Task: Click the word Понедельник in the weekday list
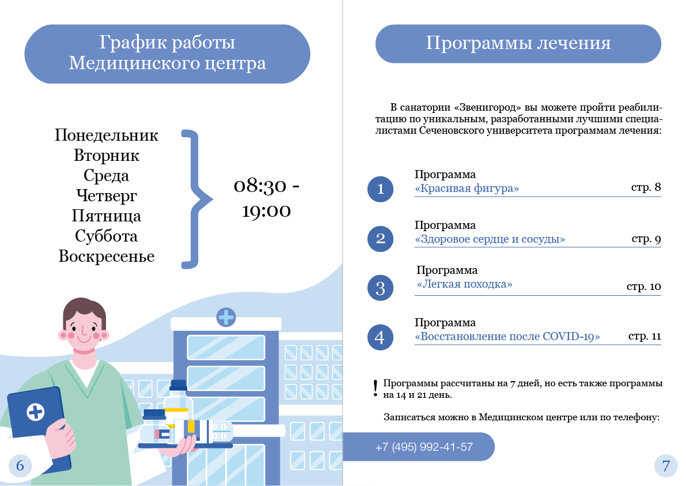coord(107,135)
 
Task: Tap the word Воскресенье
coord(107,257)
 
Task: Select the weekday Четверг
coord(107,196)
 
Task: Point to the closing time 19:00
coord(266,211)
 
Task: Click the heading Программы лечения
coord(518,43)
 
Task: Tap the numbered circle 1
coord(380,189)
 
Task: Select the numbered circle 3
coord(380,288)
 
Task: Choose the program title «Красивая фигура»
coord(467,189)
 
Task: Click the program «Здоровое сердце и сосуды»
coord(490,239)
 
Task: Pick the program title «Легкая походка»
coord(464,284)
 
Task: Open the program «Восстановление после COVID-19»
coord(507,337)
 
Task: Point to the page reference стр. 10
coord(643,287)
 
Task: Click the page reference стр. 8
coord(646,187)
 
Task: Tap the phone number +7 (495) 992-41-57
coord(424,447)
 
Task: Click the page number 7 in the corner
coord(666,466)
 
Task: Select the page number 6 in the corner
coord(20,465)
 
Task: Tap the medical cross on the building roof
coord(226,317)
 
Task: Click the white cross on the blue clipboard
coord(36,412)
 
